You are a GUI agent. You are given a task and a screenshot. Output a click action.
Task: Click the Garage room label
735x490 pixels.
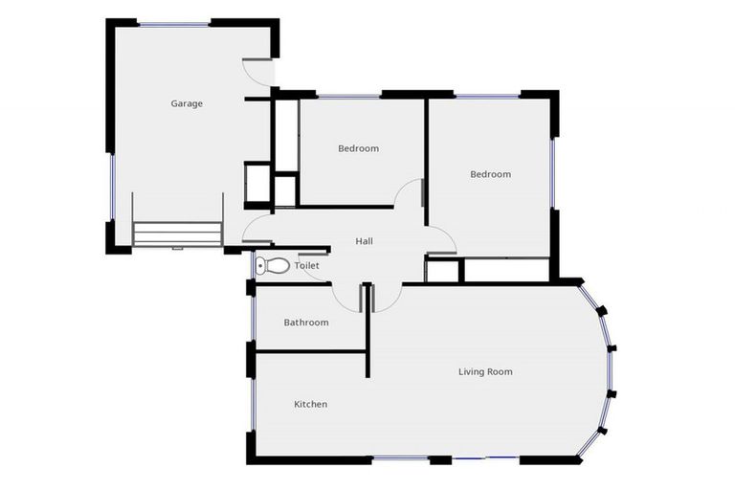coord(187,103)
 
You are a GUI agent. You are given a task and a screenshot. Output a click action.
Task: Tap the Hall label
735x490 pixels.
coord(364,241)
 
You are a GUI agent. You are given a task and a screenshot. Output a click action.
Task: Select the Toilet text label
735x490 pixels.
coord(306,265)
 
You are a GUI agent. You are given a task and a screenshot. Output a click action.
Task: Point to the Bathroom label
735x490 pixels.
coord(306,323)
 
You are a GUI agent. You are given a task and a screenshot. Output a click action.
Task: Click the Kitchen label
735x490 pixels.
coord(310,404)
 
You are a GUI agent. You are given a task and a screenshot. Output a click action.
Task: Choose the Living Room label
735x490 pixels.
coord(485,371)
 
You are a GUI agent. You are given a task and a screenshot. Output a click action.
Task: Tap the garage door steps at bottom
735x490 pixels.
coord(177,234)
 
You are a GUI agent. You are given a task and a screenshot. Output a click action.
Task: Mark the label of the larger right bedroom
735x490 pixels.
coord(490,174)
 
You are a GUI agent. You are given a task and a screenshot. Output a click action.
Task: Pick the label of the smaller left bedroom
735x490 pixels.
coord(358,148)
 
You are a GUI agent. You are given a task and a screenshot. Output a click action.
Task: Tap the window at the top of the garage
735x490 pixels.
coord(174,24)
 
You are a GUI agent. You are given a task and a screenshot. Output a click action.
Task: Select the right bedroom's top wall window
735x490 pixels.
coord(487,96)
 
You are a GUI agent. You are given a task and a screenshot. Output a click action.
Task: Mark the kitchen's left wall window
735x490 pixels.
coord(252,402)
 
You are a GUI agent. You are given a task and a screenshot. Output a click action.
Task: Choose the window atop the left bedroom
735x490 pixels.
coord(348,96)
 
